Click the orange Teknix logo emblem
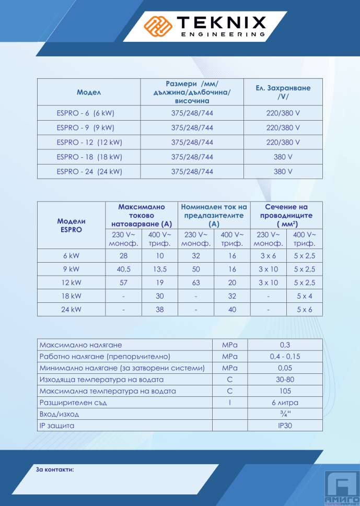click(x=159, y=25)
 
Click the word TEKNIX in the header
click(x=222, y=22)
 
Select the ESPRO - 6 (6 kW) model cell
click(x=85, y=113)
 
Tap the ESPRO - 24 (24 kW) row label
click(x=89, y=171)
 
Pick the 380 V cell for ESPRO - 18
click(x=283, y=157)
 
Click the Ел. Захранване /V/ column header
click(x=283, y=92)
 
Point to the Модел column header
click(x=88, y=92)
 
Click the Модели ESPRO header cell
click(x=71, y=225)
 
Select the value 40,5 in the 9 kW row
click(x=123, y=269)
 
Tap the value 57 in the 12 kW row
click(x=123, y=283)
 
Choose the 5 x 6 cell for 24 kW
click(x=305, y=309)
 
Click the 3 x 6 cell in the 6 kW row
click(x=268, y=256)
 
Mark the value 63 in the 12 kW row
click(x=196, y=283)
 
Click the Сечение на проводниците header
click(x=287, y=215)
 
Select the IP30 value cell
click(x=284, y=426)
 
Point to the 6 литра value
click(x=284, y=403)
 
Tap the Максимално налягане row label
click(x=80, y=345)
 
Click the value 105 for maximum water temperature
click(x=284, y=391)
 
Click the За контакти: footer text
click(x=55, y=469)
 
